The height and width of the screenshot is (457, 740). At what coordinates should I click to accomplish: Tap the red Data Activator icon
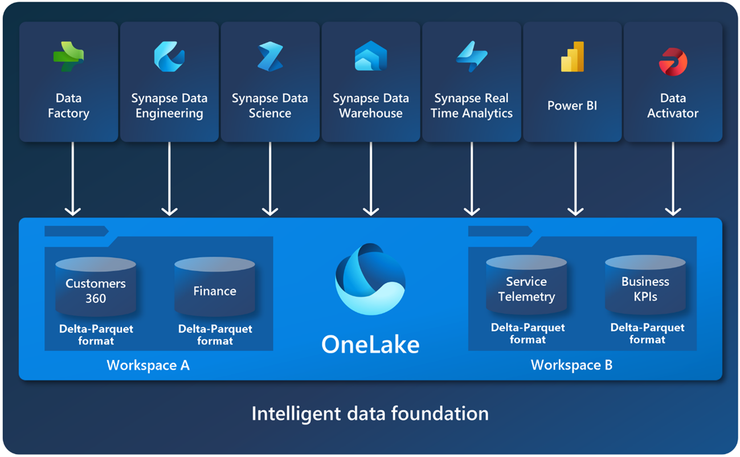[673, 60]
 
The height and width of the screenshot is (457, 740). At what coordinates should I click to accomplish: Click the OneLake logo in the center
[370, 279]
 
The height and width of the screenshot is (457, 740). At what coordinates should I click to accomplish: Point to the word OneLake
[370, 344]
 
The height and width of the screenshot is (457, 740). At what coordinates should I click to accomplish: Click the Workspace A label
[148, 365]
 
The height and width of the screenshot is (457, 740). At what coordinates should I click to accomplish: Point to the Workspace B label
[571, 365]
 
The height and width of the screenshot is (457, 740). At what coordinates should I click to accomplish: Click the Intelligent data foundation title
[370, 414]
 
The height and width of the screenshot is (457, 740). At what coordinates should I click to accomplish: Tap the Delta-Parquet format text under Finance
[215, 335]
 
